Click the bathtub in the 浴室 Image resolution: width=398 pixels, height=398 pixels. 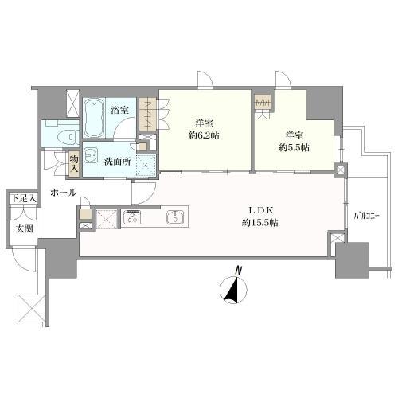tap(93, 118)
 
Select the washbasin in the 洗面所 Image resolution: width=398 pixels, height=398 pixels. tap(91, 156)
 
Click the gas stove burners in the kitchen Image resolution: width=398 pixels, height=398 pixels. tap(132, 217)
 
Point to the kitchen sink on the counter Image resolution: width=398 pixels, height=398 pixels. tap(175, 216)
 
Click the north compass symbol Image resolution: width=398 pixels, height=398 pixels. tap(234, 291)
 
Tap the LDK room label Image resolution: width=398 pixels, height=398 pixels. tap(261, 210)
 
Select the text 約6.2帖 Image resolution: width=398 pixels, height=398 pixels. tap(204, 135)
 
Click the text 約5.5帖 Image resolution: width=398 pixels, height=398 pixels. tap(294, 147)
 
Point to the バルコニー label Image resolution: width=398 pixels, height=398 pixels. tap(366, 216)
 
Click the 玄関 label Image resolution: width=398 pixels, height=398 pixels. tap(24, 228)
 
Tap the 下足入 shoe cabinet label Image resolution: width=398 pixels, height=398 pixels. tap(23, 198)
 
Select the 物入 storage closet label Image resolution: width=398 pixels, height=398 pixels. tap(74, 163)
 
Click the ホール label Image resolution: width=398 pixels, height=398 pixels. tap(63, 193)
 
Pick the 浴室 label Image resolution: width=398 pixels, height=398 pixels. tap(119, 110)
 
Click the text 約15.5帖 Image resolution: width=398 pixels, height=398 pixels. tap(259, 222)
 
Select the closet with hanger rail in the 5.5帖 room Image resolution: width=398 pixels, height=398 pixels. tap(263, 102)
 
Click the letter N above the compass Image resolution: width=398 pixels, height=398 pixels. tap(239, 271)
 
